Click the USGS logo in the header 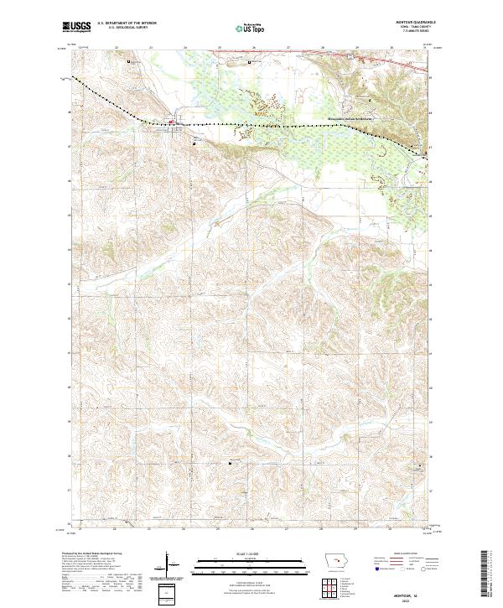75,27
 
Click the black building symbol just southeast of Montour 195,143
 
